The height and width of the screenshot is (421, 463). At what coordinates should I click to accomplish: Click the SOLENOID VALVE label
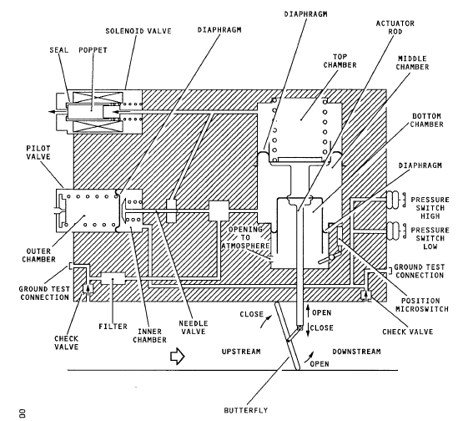[138, 31]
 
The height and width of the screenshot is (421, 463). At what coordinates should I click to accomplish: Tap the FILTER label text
[113, 327]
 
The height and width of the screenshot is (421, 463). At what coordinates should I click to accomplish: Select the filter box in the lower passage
[113, 278]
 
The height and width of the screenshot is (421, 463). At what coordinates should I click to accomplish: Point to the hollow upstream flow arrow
[177, 356]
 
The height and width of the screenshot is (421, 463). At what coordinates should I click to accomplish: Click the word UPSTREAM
[241, 352]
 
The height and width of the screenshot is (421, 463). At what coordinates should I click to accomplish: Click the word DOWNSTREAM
[357, 352]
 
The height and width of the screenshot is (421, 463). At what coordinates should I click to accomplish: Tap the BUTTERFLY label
[246, 410]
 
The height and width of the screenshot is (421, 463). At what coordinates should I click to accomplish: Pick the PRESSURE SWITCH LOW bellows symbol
[395, 230]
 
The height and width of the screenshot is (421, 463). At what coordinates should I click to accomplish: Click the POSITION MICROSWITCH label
[422, 305]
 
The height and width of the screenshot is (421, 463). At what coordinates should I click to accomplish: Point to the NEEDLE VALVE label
[193, 327]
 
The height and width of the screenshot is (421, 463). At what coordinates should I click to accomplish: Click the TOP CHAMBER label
[340, 61]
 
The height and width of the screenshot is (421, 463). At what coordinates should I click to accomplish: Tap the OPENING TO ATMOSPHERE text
[245, 237]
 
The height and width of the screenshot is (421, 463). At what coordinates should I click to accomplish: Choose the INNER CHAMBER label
[149, 336]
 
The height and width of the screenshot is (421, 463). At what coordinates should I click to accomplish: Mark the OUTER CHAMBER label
[38, 255]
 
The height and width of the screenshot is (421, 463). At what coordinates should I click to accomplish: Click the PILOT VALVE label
[38, 152]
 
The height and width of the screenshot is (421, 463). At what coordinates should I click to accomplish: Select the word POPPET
[93, 50]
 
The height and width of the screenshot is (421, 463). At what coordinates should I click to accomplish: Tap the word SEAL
[59, 50]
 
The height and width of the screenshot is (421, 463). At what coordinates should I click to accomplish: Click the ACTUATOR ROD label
[395, 28]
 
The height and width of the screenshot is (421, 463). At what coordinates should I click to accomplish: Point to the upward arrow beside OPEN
[308, 311]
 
